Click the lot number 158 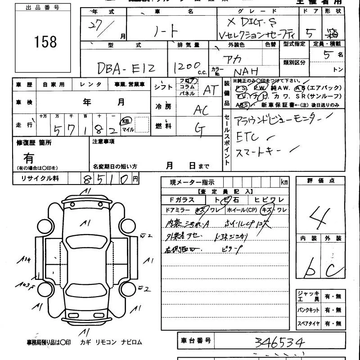[x=45, y=42]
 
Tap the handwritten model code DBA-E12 [x=126, y=68]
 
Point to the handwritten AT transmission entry [x=210, y=90]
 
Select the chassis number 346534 [x=279, y=343]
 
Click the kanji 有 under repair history [x=29, y=158]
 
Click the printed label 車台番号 [x=196, y=340]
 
